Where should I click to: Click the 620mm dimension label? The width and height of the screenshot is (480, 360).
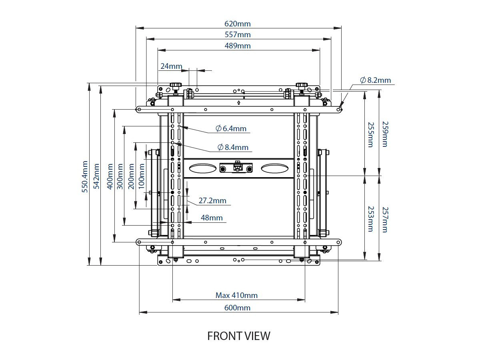tap(238, 24)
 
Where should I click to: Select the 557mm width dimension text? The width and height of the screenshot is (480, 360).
tap(238, 35)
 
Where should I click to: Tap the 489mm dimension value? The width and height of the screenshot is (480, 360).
tap(238, 46)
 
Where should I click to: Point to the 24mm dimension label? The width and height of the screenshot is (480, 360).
tap(171, 66)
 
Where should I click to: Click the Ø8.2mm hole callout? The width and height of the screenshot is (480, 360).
tap(375, 80)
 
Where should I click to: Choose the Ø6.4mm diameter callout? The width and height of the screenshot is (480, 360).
tap(231, 128)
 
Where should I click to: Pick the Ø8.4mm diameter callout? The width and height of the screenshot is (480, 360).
tap(233, 147)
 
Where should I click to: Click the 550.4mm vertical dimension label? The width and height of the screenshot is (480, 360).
tap(85, 177)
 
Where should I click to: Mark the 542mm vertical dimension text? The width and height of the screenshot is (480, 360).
tap(96, 176)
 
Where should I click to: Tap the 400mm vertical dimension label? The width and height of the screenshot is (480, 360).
tap(109, 176)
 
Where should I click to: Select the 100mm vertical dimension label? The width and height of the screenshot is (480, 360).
tap(142, 176)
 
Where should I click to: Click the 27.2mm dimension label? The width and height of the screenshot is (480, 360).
tap(212, 201)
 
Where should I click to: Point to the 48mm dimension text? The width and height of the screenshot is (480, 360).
tap(212, 218)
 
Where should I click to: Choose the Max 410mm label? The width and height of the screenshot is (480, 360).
tap(237, 296)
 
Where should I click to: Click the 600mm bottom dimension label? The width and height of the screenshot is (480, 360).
tap(237, 308)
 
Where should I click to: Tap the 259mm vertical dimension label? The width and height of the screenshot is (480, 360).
tap(384, 134)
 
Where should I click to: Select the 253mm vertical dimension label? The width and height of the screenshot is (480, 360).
tap(370, 219)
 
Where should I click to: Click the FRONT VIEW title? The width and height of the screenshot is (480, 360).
tap(239, 336)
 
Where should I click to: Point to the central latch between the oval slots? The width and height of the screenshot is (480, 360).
tap(237, 167)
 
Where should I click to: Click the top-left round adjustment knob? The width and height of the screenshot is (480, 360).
tap(176, 85)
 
